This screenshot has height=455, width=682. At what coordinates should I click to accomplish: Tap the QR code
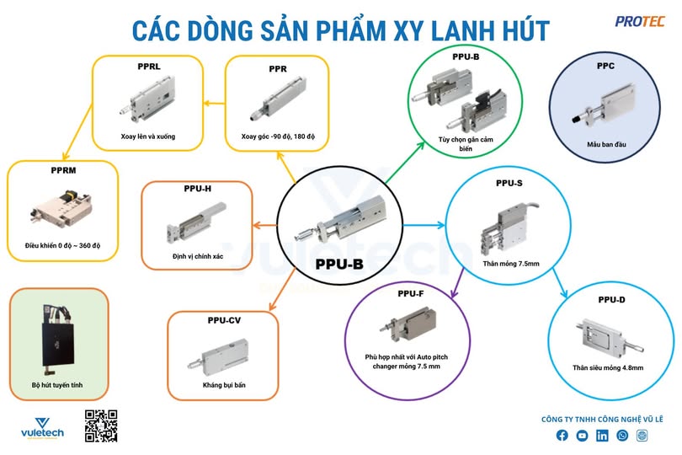click(x=101, y=426)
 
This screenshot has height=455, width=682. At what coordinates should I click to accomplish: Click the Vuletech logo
click(x=41, y=427)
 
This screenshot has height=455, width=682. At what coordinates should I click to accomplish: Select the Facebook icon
click(x=562, y=436)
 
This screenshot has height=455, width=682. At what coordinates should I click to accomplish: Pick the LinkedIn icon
click(x=602, y=436)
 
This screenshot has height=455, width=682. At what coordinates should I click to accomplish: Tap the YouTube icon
click(x=582, y=436)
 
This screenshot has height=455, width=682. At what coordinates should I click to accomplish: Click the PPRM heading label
click(x=64, y=170)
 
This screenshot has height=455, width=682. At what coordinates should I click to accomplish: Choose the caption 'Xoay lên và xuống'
click(x=147, y=136)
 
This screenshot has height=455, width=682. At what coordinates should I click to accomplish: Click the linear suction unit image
click(x=56, y=336)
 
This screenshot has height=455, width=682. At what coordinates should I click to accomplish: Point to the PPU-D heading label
click(x=611, y=300)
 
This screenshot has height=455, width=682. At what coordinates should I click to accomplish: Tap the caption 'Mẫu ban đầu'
click(x=606, y=144)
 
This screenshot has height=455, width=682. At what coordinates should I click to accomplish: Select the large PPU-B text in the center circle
click(x=339, y=264)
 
